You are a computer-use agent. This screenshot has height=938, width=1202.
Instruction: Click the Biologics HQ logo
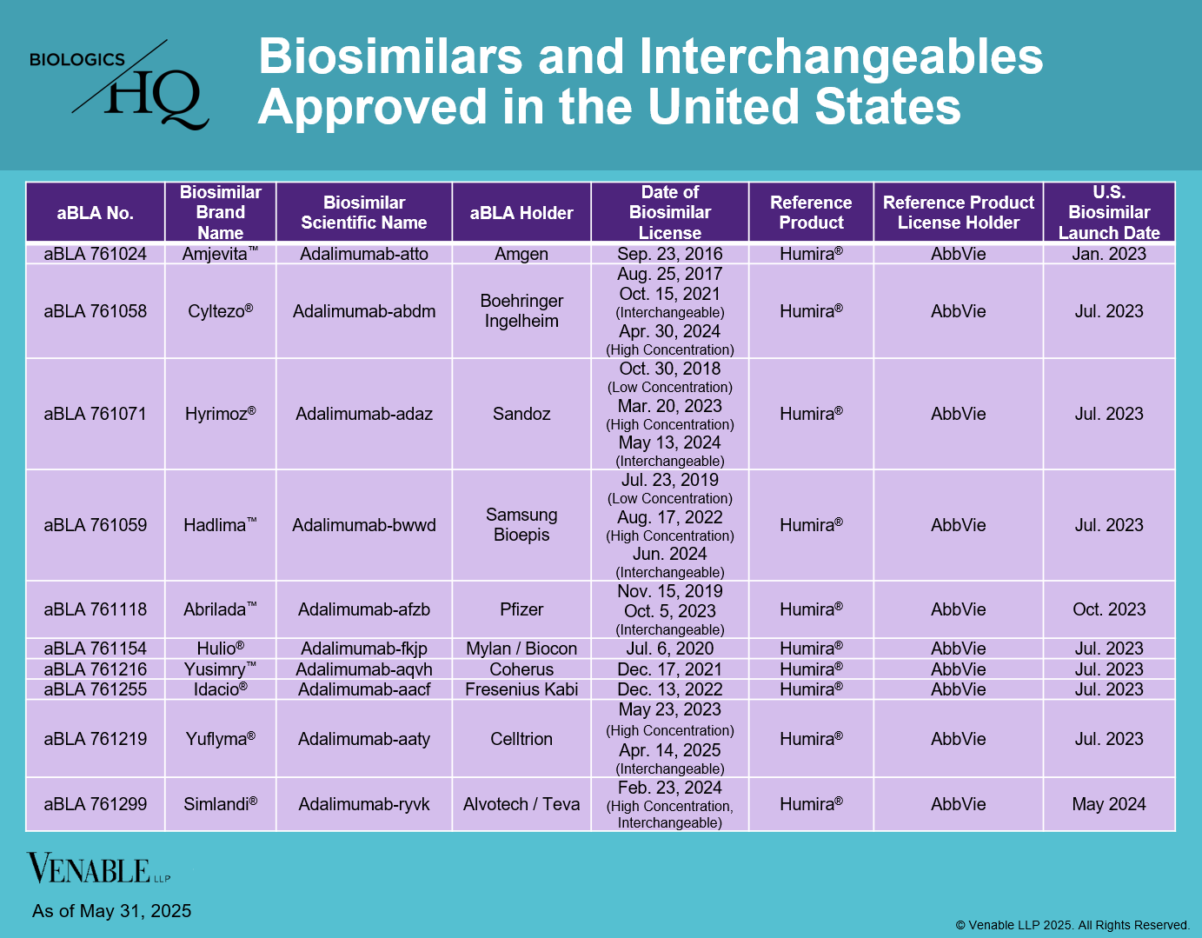point(120,85)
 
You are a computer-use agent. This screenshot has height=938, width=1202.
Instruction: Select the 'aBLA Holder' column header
point(521,213)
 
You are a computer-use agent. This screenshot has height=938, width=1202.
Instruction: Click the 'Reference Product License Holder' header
point(958,213)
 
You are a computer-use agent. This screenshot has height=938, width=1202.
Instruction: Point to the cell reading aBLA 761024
point(96,254)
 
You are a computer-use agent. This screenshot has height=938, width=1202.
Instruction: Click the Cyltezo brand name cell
point(221,311)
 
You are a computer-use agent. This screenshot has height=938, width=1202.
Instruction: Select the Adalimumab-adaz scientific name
point(364,414)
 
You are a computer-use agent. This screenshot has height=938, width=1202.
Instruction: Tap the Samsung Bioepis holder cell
point(521,525)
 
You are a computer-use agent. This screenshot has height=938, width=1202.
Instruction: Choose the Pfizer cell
point(521,609)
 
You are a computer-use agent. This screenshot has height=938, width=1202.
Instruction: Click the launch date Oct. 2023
point(1109,609)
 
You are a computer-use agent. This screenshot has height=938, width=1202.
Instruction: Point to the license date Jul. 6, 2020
point(670,649)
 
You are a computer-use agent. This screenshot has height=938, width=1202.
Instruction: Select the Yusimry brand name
point(221,669)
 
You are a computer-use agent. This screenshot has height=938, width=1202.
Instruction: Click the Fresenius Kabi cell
point(521,689)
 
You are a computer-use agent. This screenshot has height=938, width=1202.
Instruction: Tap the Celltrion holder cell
point(521,739)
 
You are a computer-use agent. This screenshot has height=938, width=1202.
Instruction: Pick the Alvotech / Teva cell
point(521,804)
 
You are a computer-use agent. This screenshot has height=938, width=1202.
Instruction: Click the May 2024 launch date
point(1109,804)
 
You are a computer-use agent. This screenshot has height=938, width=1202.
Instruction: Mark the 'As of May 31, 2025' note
point(112,911)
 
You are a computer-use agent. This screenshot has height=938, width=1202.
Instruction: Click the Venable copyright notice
point(1073,925)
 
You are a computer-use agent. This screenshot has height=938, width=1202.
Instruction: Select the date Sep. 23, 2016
point(670,254)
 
